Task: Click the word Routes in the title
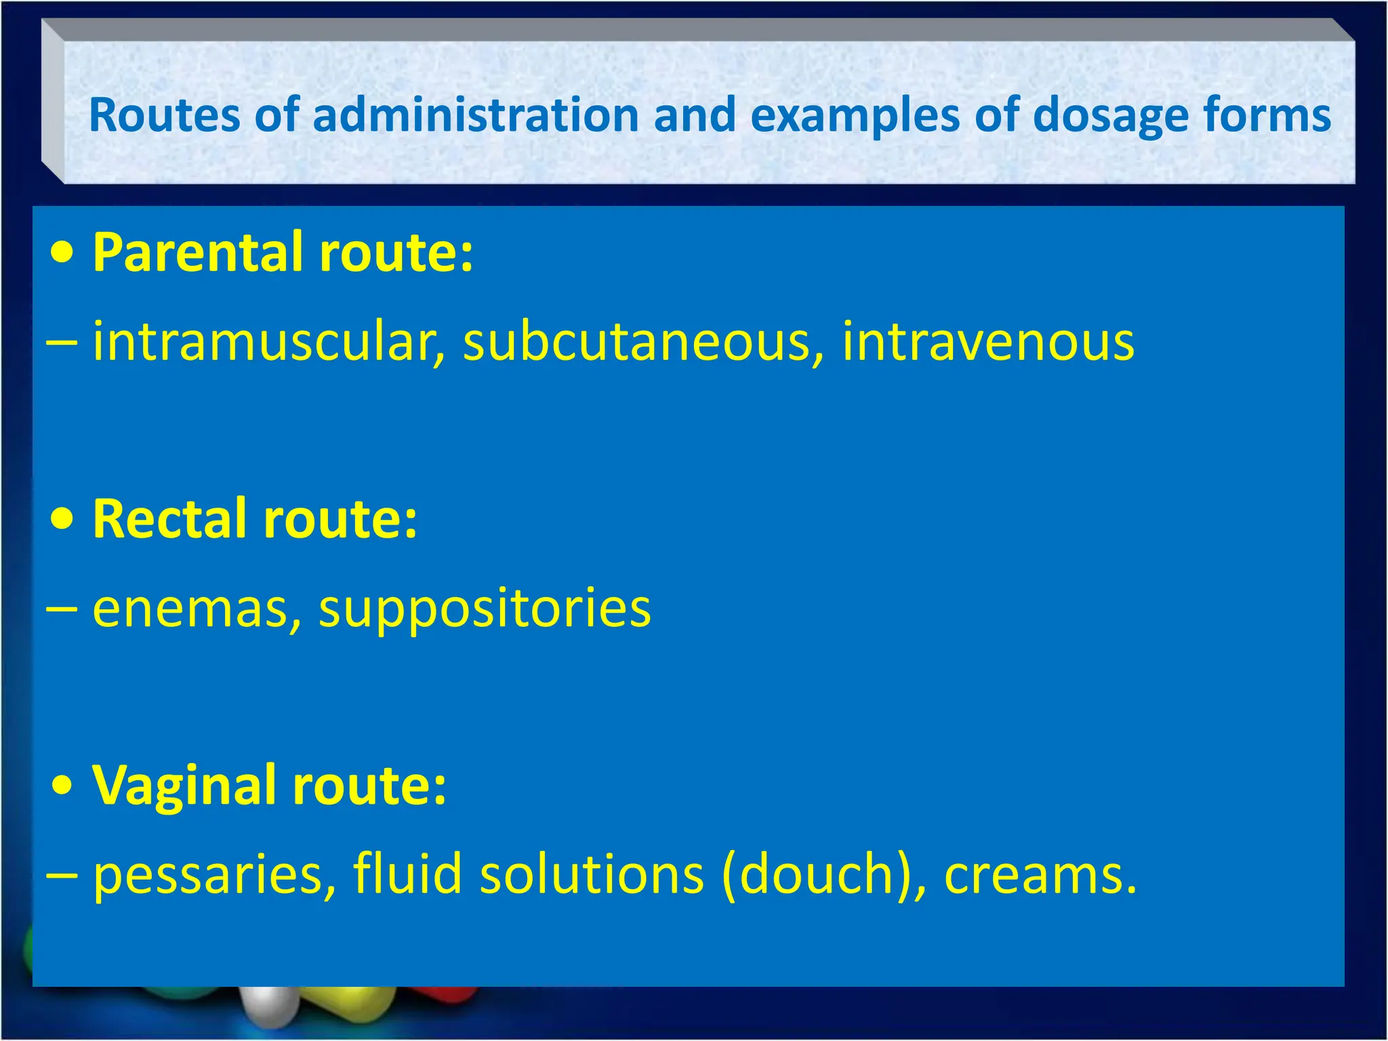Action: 164,115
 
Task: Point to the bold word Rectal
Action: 170,519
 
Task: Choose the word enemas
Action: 197,608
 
